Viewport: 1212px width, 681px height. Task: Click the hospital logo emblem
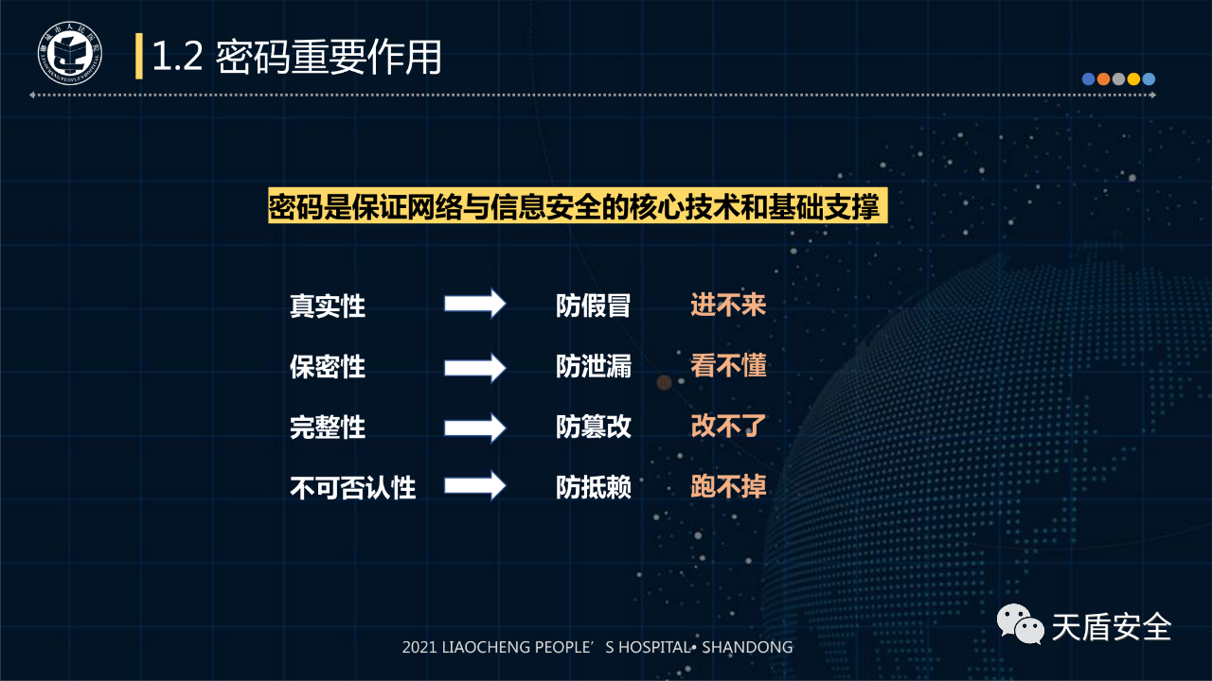coord(70,53)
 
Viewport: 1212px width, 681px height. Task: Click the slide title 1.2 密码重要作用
coord(297,57)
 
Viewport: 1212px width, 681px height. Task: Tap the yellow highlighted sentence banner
coord(578,205)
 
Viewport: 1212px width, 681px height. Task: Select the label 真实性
coord(328,306)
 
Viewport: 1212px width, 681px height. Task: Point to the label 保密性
coord(328,367)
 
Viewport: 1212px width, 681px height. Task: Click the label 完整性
coord(328,428)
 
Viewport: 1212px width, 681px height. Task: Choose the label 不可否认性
coord(353,487)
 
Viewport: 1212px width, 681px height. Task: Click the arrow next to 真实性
coord(475,304)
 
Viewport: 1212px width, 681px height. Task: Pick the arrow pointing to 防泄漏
coord(475,368)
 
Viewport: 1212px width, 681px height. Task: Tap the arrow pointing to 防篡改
coord(475,428)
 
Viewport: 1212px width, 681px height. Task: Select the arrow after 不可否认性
coord(475,485)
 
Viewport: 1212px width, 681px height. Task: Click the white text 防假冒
coord(594,306)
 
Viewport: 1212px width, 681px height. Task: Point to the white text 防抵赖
coord(594,487)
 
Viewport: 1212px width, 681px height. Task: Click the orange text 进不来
coord(728,305)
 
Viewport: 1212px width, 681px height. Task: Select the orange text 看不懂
coord(728,366)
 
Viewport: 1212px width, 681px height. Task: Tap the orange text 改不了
coord(728,427)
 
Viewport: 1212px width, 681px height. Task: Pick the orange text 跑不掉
coord(728,486)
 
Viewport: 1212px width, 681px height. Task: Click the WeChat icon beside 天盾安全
coord(1021,624)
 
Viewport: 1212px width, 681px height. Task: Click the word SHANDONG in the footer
coord(747,647)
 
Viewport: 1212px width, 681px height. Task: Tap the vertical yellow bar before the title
coord(139,56)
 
